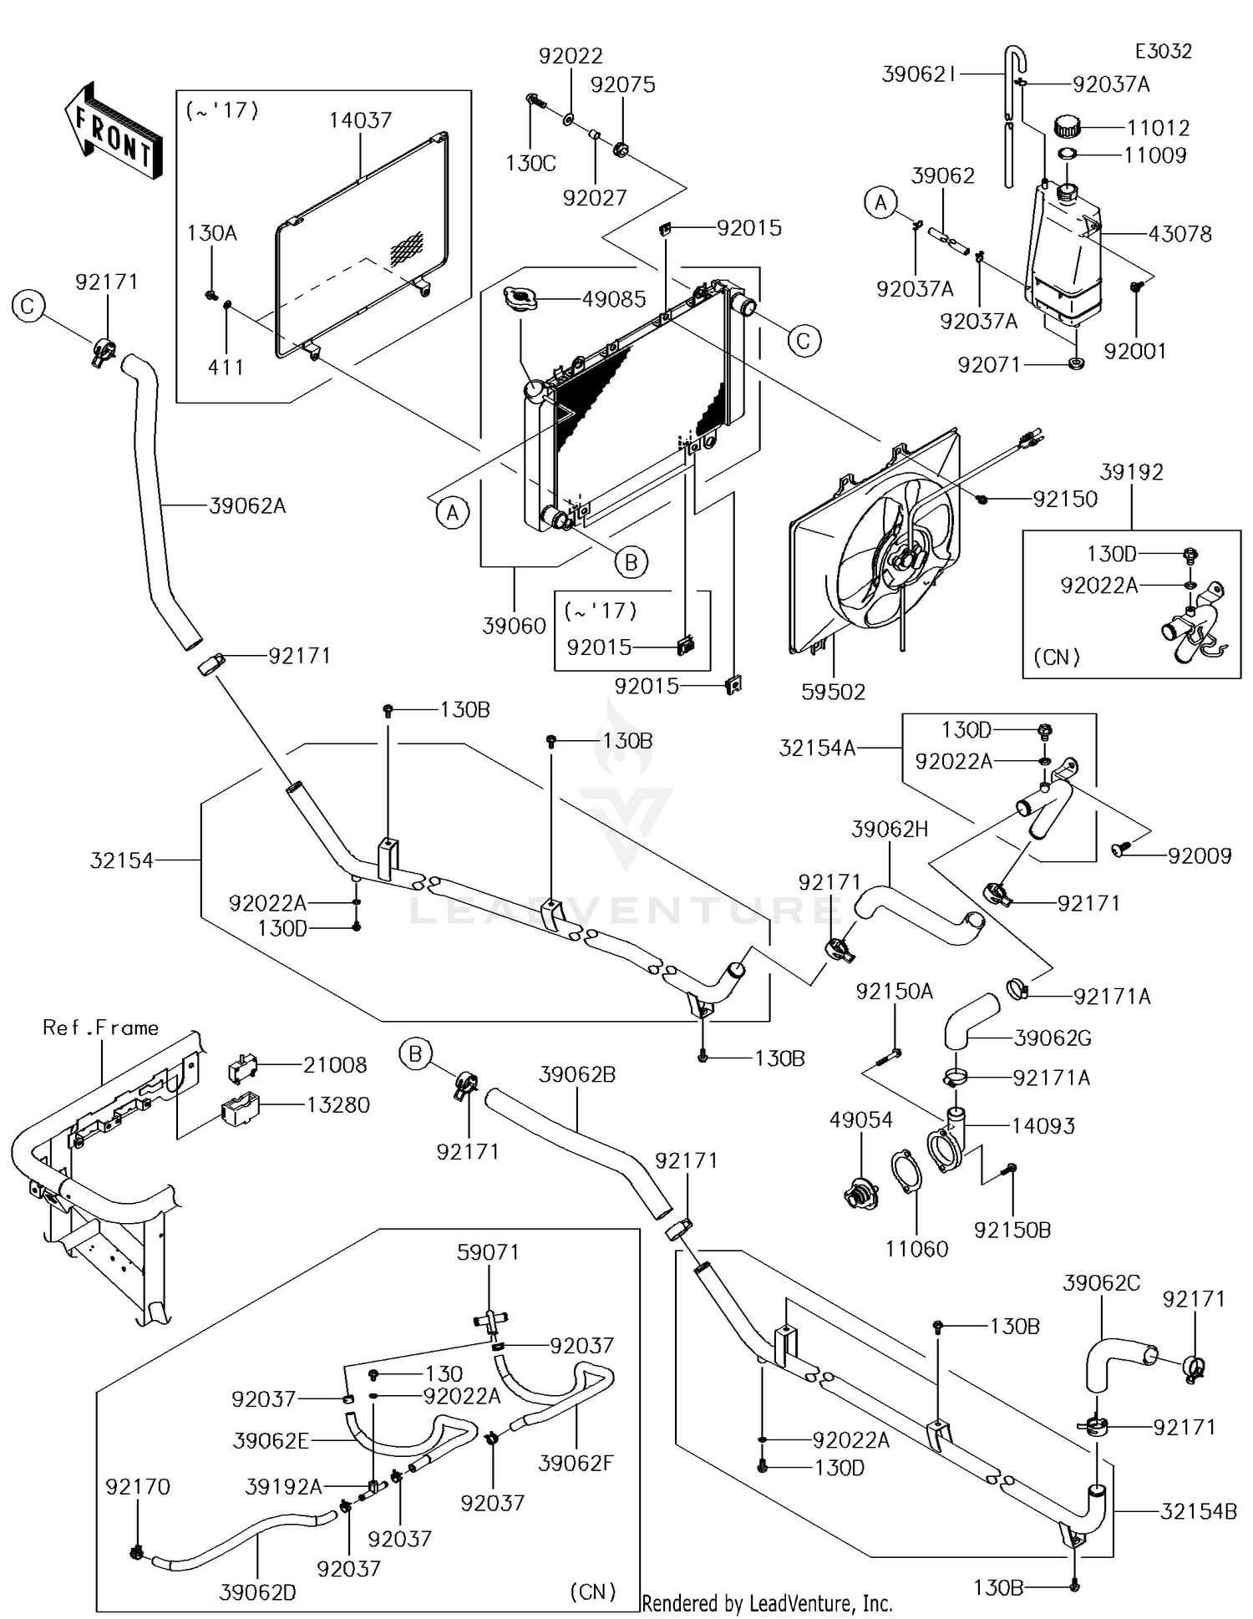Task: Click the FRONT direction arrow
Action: [x=113, y=132]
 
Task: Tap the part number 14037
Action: [x=360, y=120]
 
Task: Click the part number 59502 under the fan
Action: [x=833, y=691]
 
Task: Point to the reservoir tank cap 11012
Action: [x=1067, y=128]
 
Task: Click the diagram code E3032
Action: [x=1163, y=51]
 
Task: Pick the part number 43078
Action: [x=1179, y=234]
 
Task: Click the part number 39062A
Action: [x=247, y=505]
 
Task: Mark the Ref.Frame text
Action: [x=100, y=1028]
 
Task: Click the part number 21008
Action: [x=335, y=1065]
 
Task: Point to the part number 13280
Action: [x=337, y=1104]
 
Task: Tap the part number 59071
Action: [x=488, y=1252]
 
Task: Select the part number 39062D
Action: [x=257, y=1592]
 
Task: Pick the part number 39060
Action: [x=514, y=625]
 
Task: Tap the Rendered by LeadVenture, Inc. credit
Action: [x=767, y=1603]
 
